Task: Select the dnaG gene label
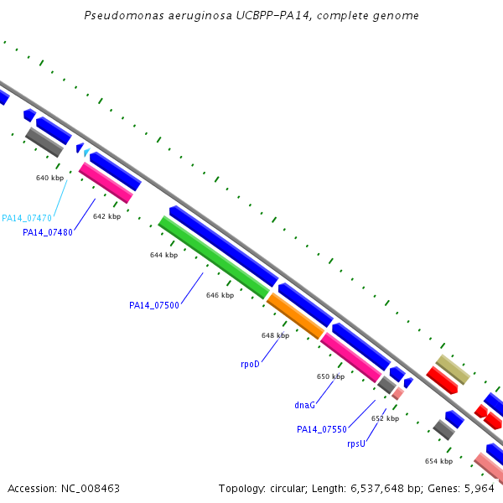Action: [x=305, y=405]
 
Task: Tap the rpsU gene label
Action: [x=356, y=443]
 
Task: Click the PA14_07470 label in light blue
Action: [x=27, y=218]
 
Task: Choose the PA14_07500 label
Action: [x=154, y=305]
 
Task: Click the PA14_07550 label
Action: [x=322, y=429]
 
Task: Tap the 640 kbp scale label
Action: [x=49, y=178]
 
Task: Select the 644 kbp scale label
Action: [x=163, y=255]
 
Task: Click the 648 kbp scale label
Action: [x=275, y=335]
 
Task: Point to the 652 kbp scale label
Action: [x=385, y=418]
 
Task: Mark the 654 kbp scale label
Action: [x=438, y=461]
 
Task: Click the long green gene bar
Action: [x=214, y=257]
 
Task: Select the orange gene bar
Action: [x=295, y=316]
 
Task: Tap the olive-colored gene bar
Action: [x=452, y=369]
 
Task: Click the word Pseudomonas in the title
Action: [x=123, y=16]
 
